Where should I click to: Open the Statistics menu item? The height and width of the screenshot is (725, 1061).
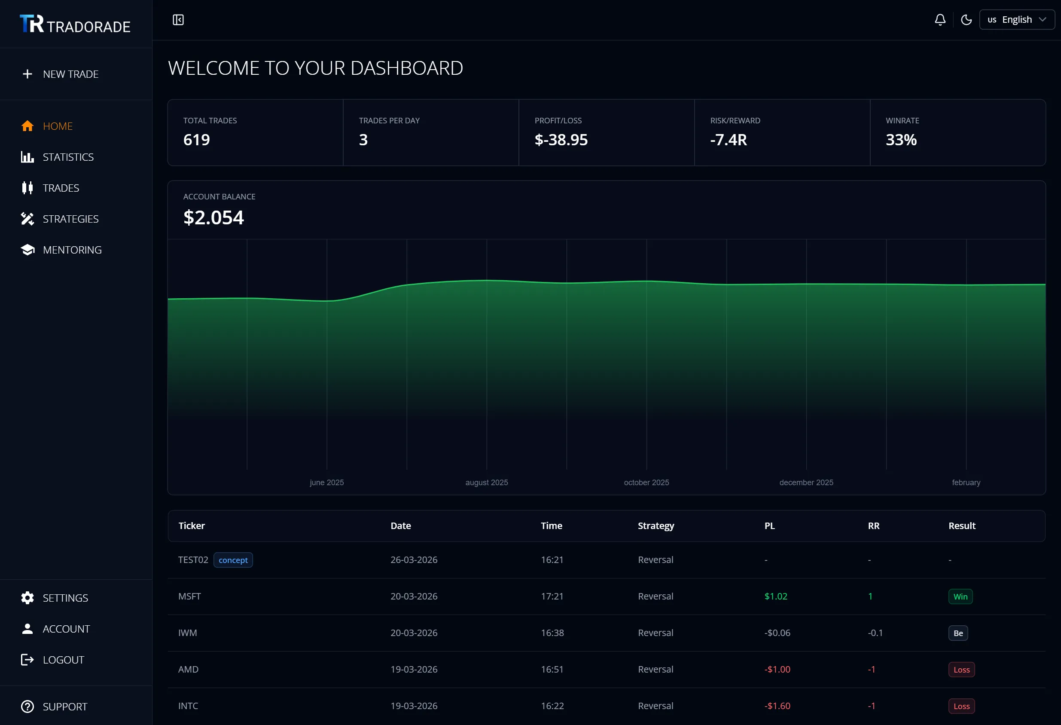(67, 157)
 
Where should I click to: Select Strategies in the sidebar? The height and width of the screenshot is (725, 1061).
(70, 219)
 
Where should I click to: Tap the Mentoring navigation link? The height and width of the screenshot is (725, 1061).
(72, 250)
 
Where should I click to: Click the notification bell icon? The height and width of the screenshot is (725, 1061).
(940, 20)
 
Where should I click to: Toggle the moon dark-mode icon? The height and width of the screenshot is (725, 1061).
(966, 20)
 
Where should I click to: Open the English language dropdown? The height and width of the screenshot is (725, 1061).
(1016, 20)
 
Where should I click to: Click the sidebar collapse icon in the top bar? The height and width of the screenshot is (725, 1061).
(178, 20)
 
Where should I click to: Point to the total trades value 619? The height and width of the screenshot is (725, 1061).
(197, 140)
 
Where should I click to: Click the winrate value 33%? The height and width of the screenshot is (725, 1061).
(901, 140)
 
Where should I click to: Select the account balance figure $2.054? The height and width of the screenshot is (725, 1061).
(213, 217)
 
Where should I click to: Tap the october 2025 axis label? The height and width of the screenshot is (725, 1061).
(646, 483)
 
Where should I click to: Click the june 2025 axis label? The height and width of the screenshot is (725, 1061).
(326, 483)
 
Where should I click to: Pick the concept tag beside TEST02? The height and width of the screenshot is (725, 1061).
(233, 560)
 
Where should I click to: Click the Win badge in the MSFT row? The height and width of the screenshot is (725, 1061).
(960, 597)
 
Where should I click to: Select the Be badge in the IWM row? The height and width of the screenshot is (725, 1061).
(958, 633)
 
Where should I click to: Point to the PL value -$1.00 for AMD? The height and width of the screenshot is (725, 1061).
(777, 669)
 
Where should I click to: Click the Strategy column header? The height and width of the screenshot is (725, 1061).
(656, 526)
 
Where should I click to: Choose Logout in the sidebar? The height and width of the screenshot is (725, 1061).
(63, 660)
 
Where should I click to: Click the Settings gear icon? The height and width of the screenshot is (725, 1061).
(27, 598)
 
